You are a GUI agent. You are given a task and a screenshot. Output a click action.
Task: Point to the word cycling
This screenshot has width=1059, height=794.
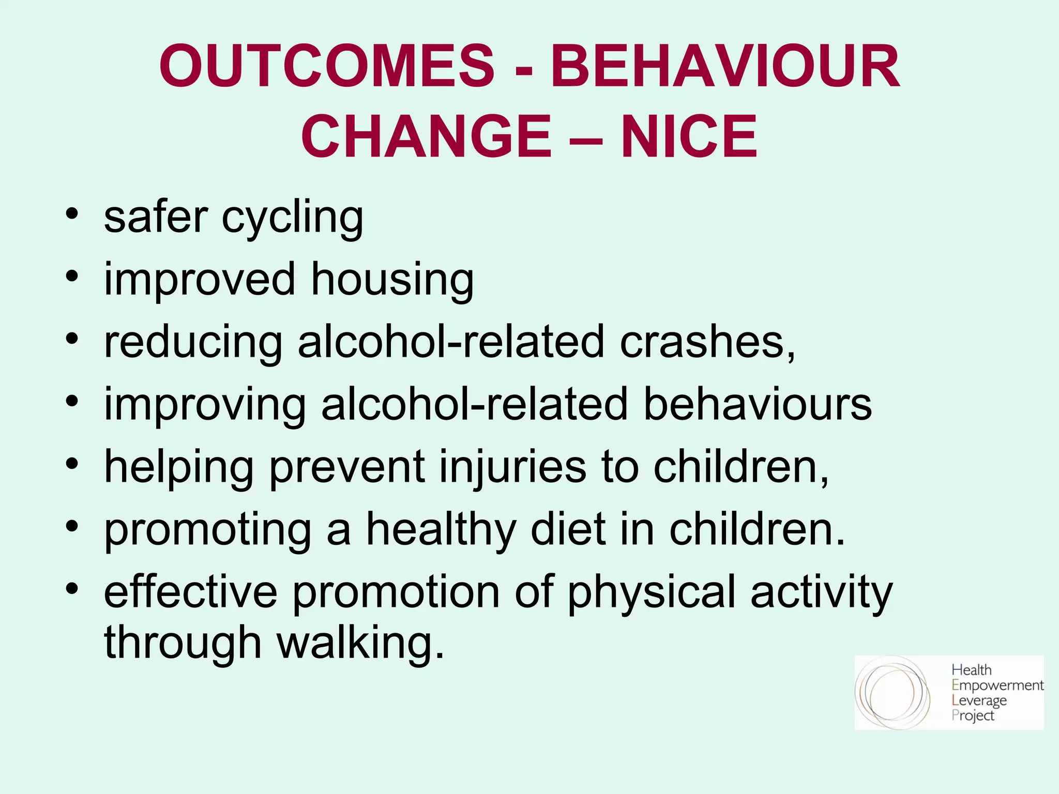coord(293,218)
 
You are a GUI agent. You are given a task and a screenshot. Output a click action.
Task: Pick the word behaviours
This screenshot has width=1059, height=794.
coord(758,404)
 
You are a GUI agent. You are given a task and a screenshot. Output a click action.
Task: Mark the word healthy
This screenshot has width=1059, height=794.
coord(441,530)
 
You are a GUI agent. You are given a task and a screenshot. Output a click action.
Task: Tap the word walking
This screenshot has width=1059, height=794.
coord(360,644)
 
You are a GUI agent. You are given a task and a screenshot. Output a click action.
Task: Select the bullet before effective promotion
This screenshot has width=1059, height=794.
coord(72,588)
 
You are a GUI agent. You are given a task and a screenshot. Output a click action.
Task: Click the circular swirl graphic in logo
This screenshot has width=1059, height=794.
coord(892,693)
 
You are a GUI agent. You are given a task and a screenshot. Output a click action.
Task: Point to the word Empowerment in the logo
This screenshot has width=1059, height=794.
coord(997,685)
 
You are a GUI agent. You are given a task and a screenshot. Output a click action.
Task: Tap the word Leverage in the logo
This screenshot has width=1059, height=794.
coord(979,701)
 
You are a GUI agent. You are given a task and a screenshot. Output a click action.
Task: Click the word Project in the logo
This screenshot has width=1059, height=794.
coord(973,716)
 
